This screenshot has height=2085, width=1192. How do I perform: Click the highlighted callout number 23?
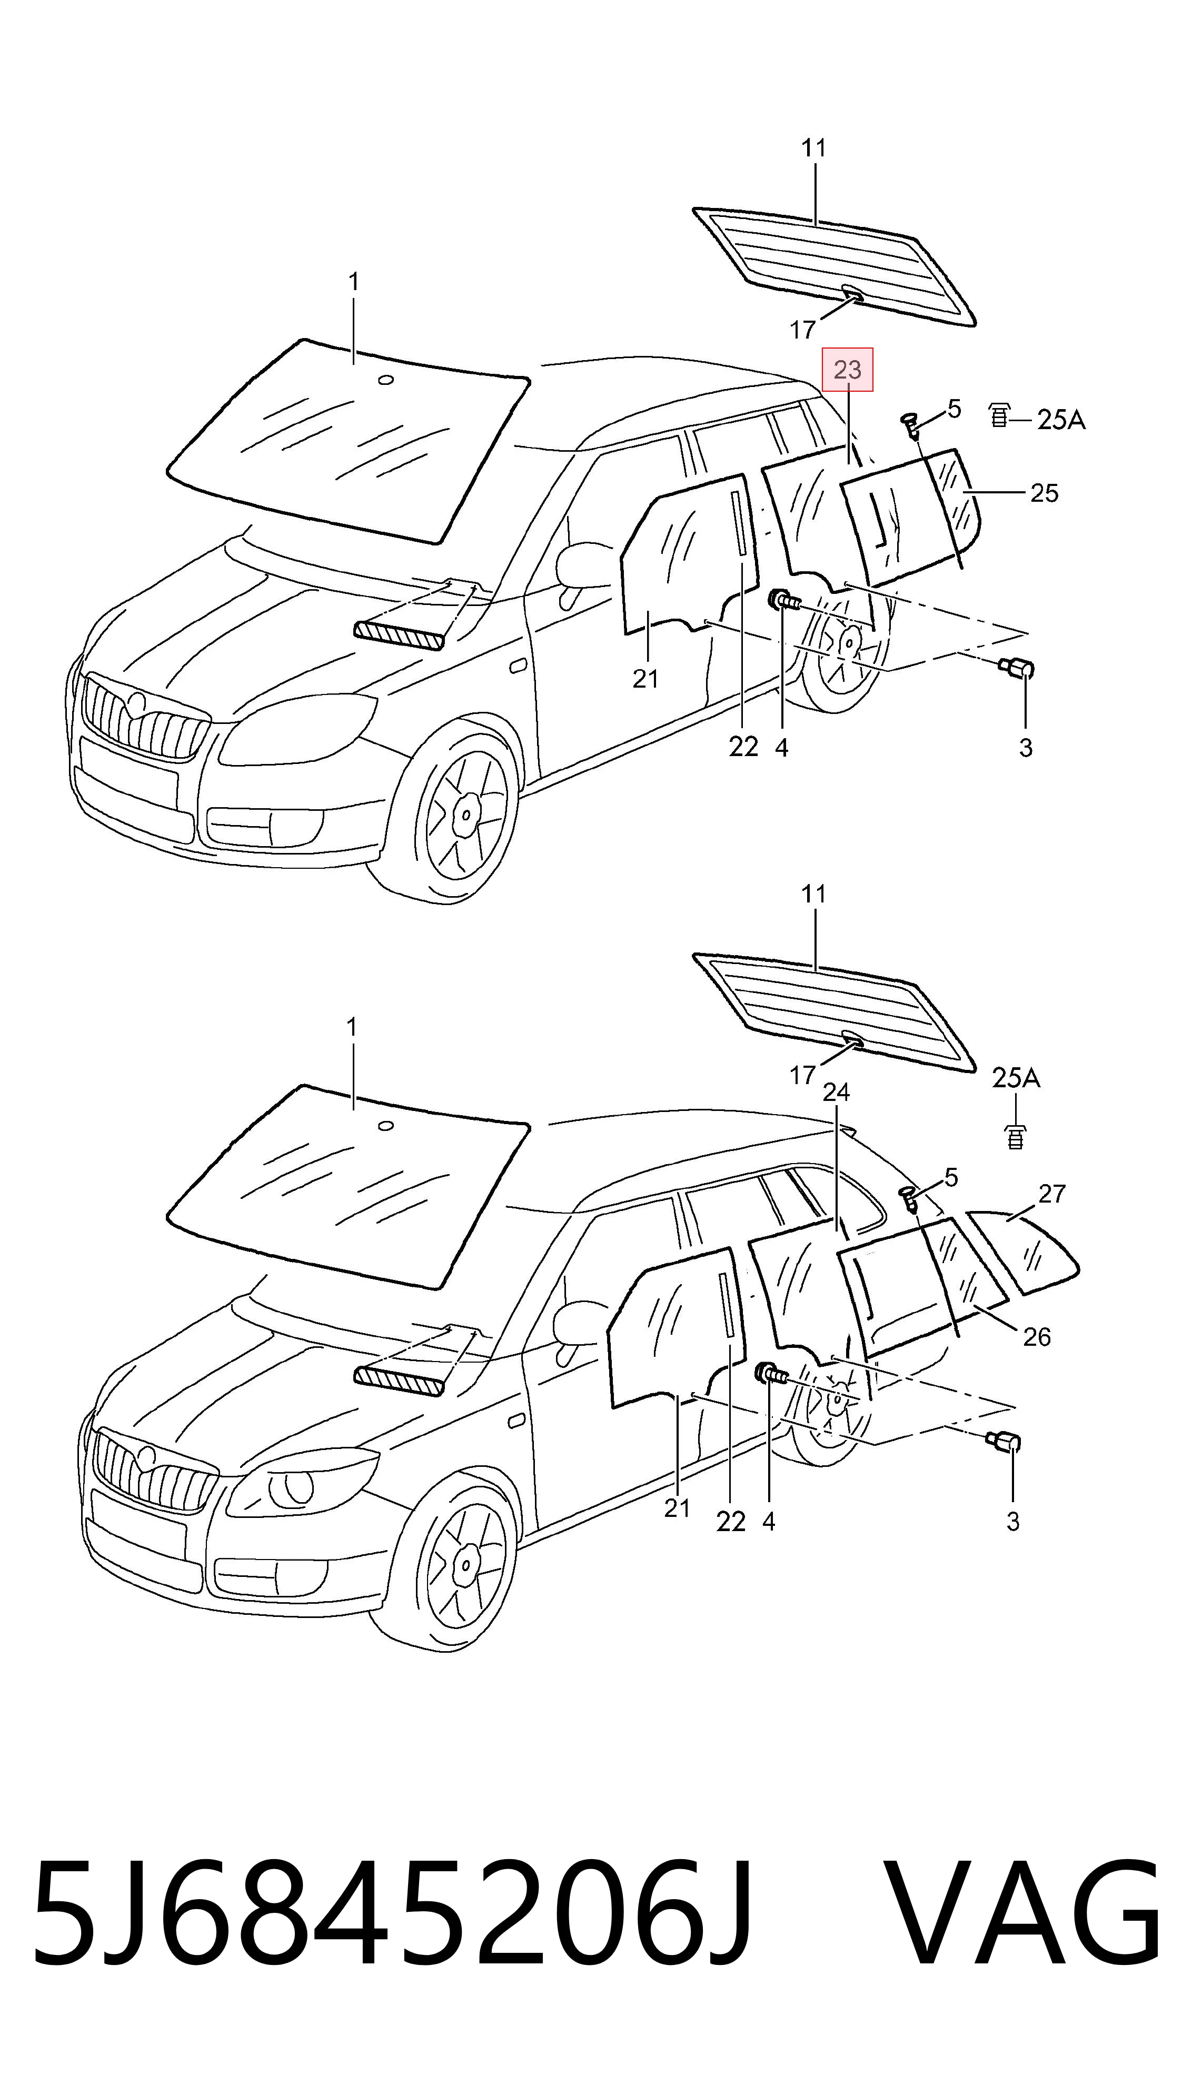pos(847,370)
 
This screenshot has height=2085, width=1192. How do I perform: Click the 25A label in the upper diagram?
pos(1061,420)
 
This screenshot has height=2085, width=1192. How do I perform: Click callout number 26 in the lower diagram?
pos(1037,1337)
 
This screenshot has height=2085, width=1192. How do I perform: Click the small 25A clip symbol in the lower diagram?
pos(1015,1137)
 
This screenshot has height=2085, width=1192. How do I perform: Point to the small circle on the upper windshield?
pos(385,380)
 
